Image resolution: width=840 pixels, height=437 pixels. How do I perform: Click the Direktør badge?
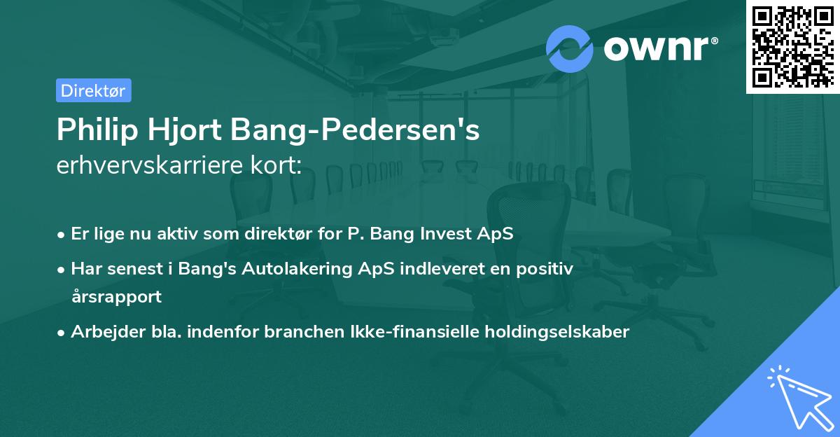93,90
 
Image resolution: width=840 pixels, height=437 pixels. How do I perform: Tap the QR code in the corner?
792,46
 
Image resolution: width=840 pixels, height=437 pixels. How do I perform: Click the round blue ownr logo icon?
570,48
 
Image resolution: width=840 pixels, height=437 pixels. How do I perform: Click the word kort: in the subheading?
279,167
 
